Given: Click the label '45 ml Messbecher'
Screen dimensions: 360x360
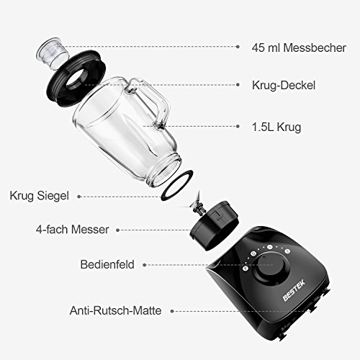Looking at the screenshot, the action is point(299,48).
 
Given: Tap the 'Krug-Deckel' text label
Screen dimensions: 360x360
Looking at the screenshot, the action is point(284,85).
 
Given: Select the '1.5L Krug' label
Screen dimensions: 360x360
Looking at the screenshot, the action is point(276,127).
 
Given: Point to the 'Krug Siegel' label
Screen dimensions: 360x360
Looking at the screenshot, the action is point(39,196).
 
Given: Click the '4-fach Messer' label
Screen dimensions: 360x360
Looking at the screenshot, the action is point(73,230).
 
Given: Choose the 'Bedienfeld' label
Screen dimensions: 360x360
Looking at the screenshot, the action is point(107,264).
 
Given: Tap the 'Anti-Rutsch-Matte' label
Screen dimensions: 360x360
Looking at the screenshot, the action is point(115,310).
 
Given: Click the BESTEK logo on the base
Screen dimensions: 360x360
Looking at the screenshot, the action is point(294,290).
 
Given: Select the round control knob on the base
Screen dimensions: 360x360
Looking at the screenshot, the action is point(270,269).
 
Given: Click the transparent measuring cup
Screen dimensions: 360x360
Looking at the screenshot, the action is point(53,54).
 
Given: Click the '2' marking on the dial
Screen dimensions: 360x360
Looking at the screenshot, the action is point(287,251).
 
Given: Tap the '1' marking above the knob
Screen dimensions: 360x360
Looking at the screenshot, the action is point(270,247).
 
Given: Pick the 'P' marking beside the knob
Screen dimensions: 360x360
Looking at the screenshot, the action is point(245,269).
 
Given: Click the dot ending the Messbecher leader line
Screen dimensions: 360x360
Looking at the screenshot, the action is point(238,47).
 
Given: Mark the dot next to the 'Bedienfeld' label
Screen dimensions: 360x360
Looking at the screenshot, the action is point(144,265).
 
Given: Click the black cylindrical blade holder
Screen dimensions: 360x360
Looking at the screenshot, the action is point(214,225).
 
